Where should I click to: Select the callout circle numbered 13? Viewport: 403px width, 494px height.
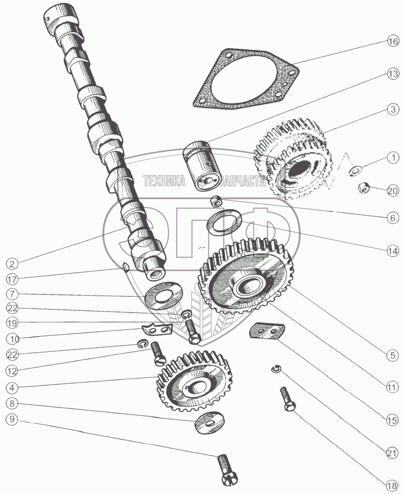pyautogui.click(x=392, y=74)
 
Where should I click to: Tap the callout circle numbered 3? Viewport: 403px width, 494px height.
pyautogui.click(x=393, y=109)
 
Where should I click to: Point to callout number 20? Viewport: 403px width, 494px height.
pyautogui.click(x=392, y=191)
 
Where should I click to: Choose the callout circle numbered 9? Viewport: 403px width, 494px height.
pyautogui.click(x=12, y=420)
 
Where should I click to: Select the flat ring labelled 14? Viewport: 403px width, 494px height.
pyautogui.click(x=224, y=221)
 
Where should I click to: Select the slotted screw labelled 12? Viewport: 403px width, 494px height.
pyautogui.click(x=157, y=354)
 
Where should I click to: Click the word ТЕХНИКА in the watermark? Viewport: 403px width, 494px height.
pyautogui.click(x=164, y=181)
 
